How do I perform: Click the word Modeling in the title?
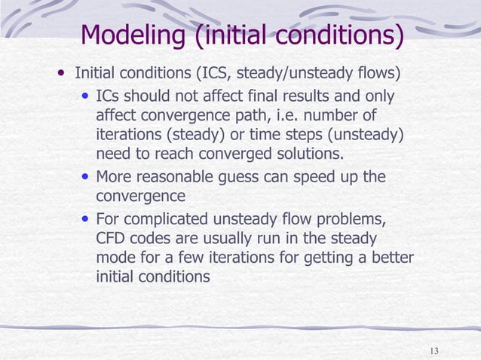[133, 35]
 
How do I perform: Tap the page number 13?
[434, 351]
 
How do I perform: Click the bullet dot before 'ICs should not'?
[87, 98]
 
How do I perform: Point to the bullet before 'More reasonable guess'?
[87, 178]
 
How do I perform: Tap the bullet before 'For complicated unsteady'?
[87, 221]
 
